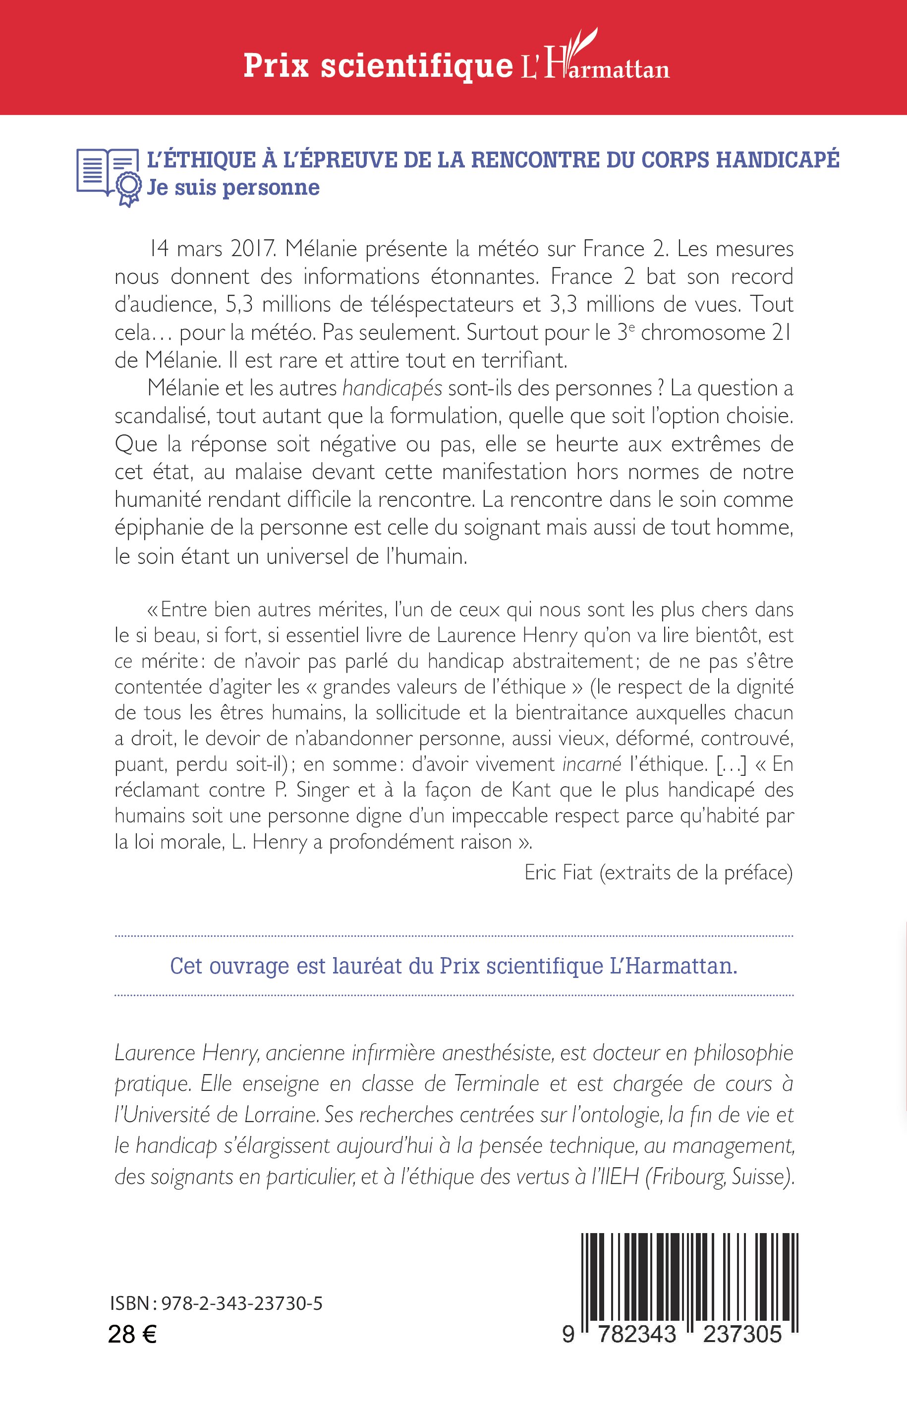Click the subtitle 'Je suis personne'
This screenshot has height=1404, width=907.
click(233, 188)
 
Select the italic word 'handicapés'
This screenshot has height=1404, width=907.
click(392, 388)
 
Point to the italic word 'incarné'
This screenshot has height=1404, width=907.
click(592, 764)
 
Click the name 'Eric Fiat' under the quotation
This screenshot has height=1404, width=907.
click(558, 872)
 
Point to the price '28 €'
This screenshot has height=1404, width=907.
click(132, 1334)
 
